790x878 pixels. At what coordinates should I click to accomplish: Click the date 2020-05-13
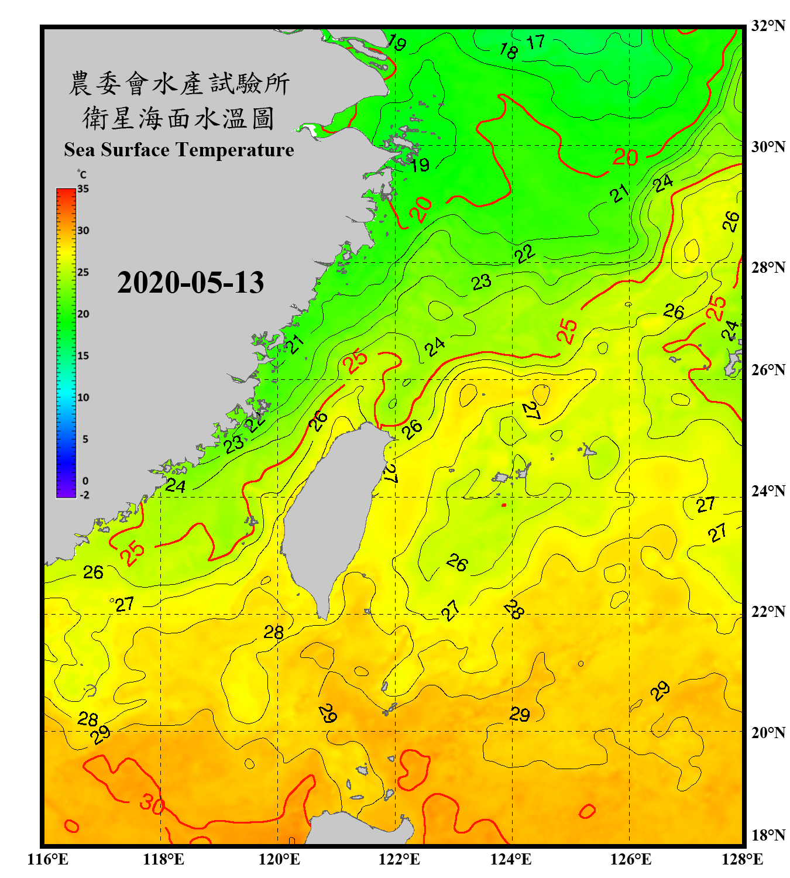[190, 283]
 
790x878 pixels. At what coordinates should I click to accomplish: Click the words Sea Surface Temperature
[178, 150]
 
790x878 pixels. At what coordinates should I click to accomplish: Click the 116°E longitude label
[48, 860]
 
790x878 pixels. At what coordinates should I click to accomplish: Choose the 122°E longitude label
[399, 860]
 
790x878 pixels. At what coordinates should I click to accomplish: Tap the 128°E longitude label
[742, 860]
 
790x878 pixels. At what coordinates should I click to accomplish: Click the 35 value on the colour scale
[83, 189]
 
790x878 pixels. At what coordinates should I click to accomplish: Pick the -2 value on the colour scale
[84, 495]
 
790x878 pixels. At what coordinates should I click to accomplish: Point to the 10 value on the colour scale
[84, 397]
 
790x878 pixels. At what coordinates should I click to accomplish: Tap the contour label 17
[535, 42]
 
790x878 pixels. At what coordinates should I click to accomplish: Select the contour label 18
[509, 51]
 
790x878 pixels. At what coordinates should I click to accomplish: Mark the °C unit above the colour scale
[82, 174]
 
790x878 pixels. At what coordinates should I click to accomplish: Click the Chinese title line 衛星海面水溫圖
[178, 119]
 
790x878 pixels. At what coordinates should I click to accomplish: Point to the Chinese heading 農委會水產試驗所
[178, 84]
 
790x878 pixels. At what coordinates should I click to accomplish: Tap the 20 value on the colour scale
[84, 314]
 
